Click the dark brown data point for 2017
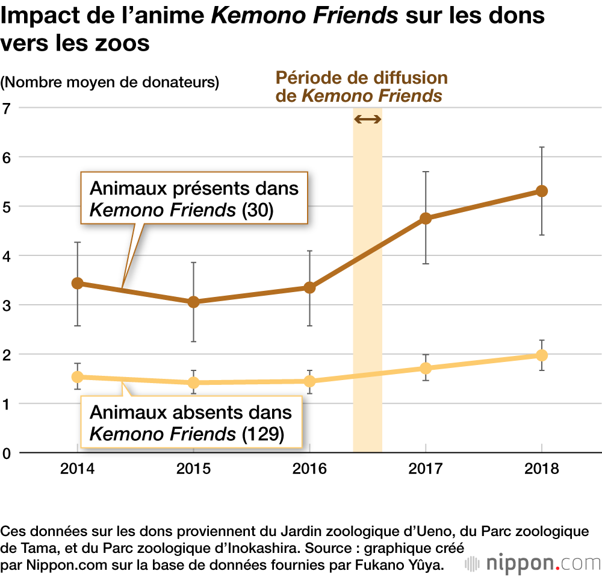click(426, 218)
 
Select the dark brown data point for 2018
click(542, 191)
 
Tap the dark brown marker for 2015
click(193, 302)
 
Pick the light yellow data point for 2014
click(77, 377)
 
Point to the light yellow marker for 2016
click(309, 381)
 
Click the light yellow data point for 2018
click(542, 355)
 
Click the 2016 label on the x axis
click(309, 469)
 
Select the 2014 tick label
click(77, 469)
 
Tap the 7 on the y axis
click(7, 108)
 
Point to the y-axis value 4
click(7, 256)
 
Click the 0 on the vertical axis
click(7, 453)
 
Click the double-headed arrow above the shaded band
click(367, 119)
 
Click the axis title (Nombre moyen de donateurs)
click(110, 83)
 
